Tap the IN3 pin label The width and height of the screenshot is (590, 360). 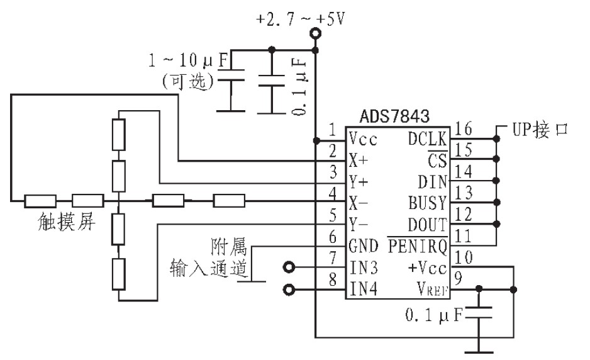click(x=364, y=269)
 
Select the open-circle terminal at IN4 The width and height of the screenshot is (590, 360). click(x=289, y=290)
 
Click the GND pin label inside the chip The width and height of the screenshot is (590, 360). click(x=364, y=247)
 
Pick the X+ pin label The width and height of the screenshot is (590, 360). click(x=359, y=160)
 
